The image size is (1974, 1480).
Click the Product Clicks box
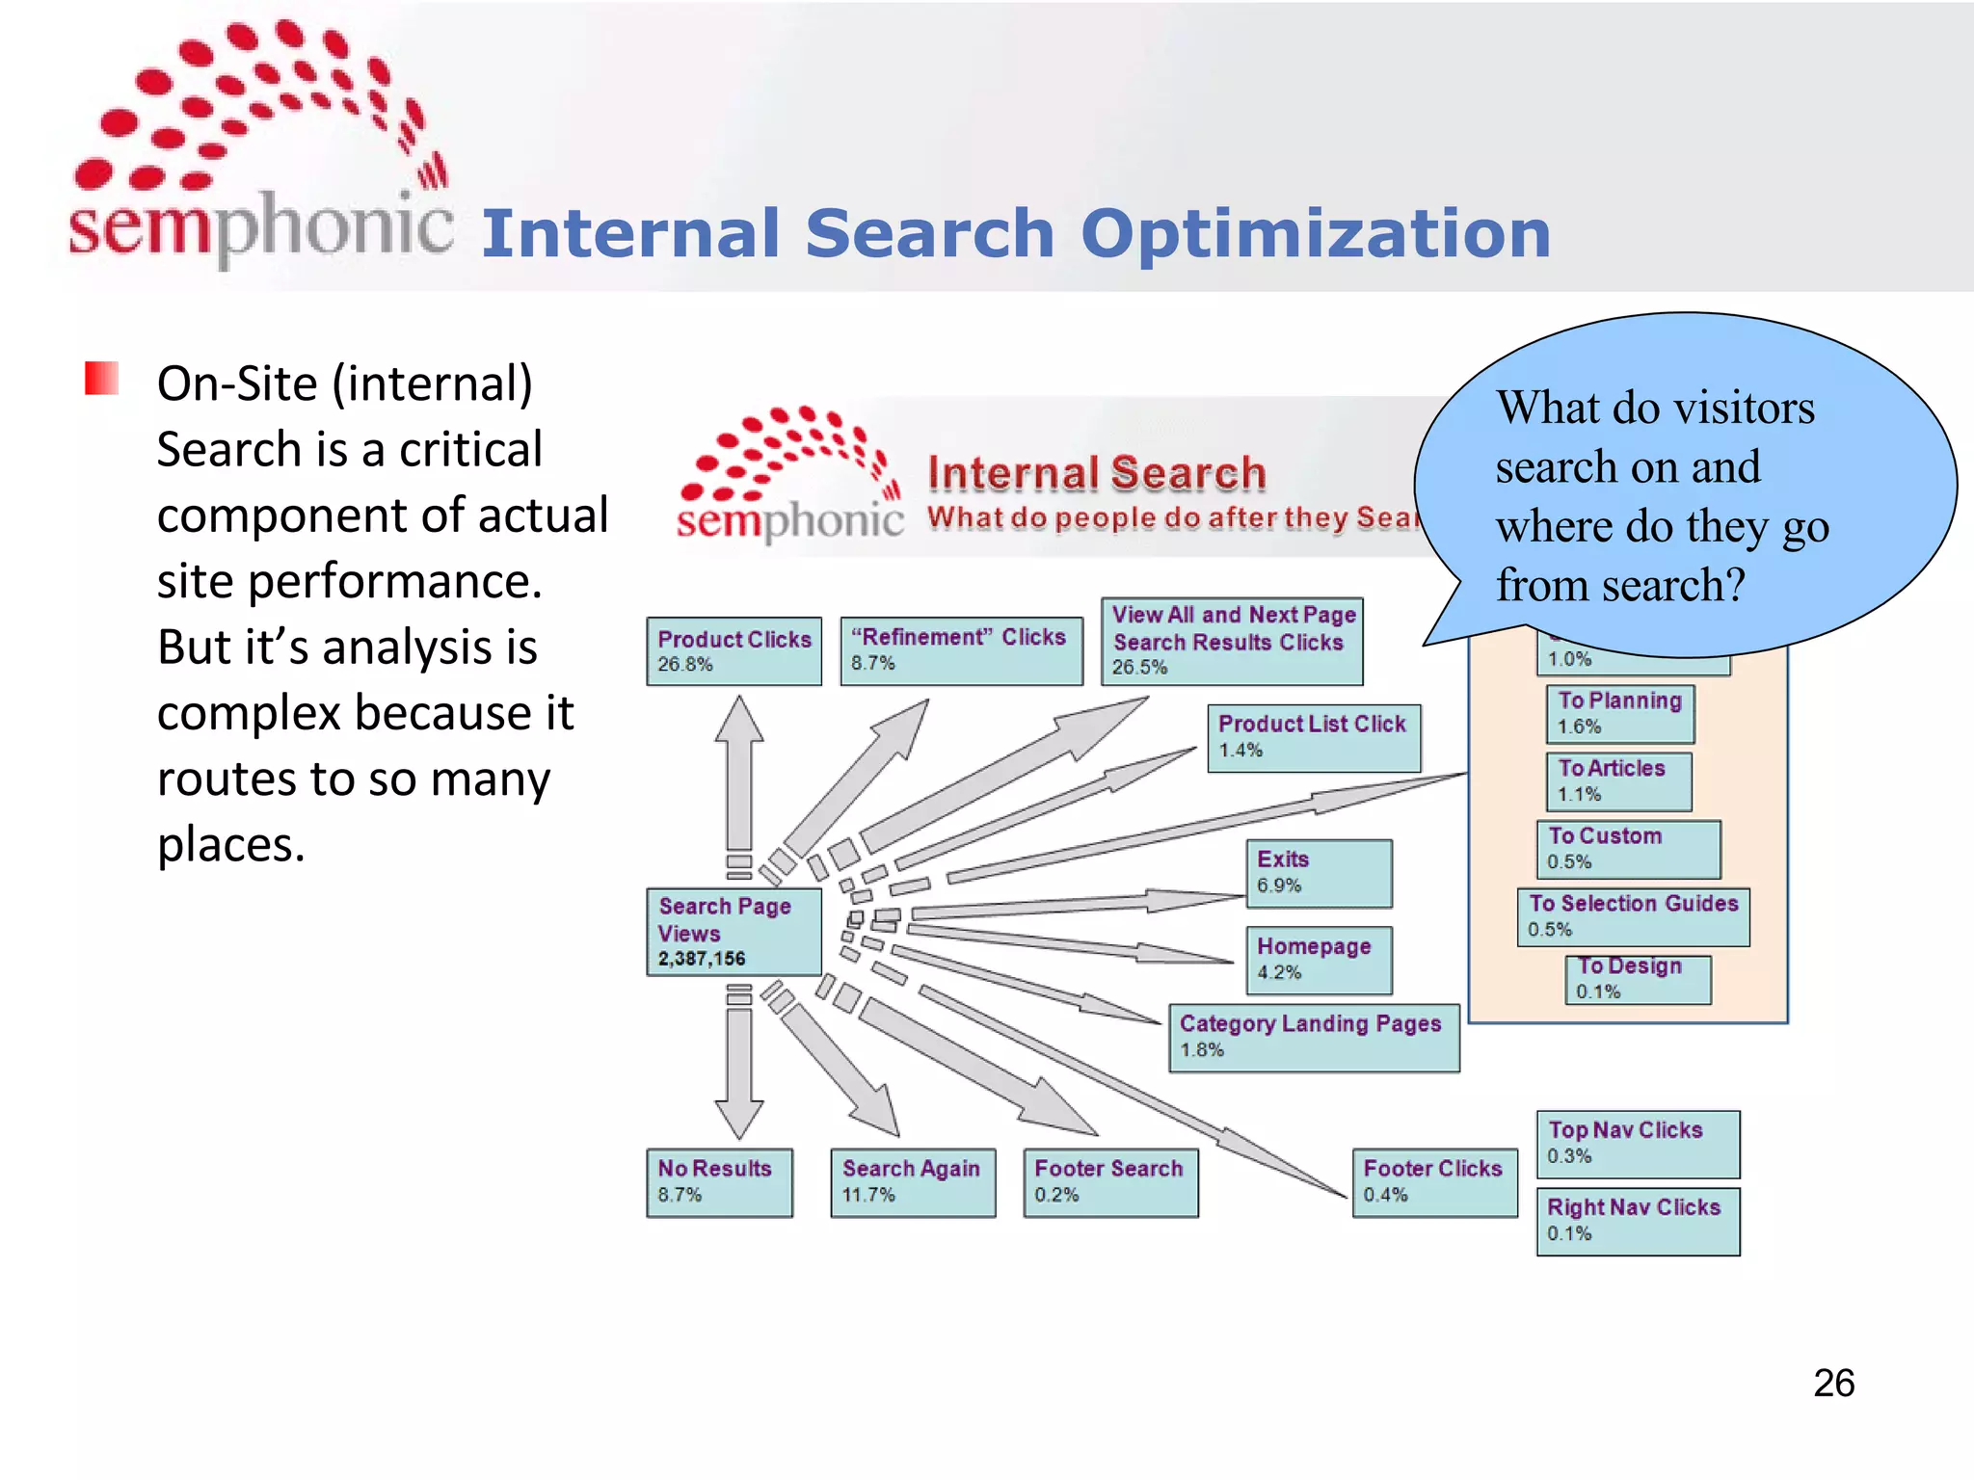coord(734,651)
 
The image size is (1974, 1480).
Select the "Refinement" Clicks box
coord(961,651)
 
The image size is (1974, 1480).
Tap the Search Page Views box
coord(734,932)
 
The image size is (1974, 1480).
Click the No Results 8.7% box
coord(719,1182)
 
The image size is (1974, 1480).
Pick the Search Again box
coord(913,1182)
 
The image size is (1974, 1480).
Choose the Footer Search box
coord(1110,1182)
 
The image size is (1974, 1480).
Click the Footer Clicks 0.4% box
coord(1434,1182)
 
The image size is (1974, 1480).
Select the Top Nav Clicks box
coord(1638,1144)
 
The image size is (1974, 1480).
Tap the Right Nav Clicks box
coord(1638,1221)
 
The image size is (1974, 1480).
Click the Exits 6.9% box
coord(1319,873)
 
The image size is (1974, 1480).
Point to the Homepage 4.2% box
coord(1319,960)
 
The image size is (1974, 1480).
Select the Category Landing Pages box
coord(1314,1038)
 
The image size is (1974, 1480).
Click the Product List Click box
coord(1314,738)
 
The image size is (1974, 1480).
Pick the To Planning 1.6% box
coord(1619,714)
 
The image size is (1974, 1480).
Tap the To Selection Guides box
coord(1633,916)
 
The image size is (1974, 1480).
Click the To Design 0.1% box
coord(1638,979)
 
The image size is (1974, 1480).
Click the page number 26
coord(1833,1383)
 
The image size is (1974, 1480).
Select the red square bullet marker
coord(101,378)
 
